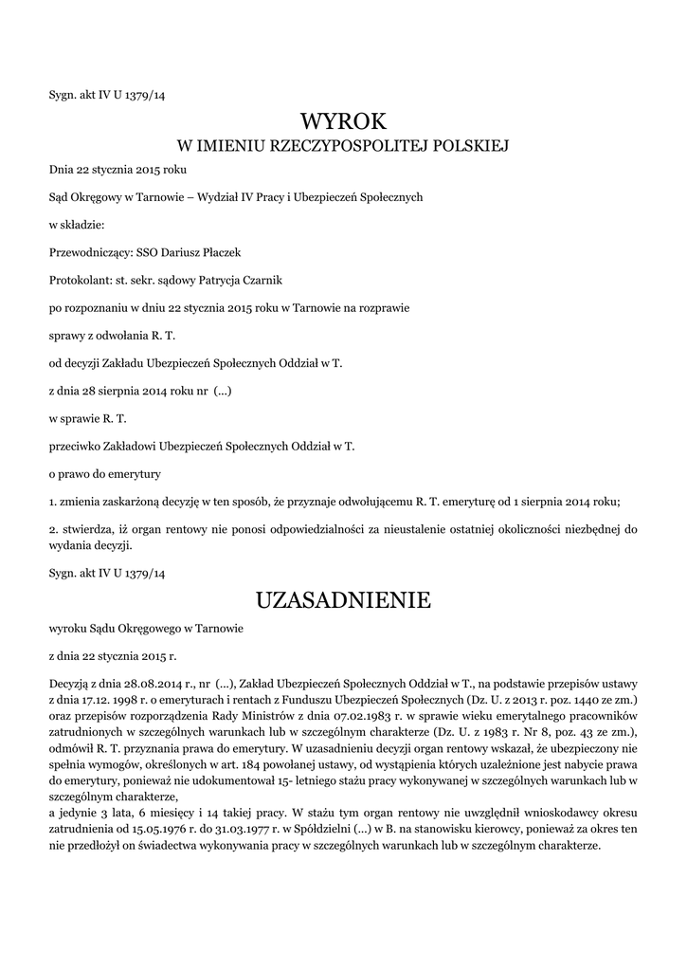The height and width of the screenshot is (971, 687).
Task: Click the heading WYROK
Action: click(x=344, y=121)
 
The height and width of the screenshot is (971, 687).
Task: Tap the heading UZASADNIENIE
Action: click(x=343, y=600)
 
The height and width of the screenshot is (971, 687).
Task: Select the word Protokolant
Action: click(x=79, y=281)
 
